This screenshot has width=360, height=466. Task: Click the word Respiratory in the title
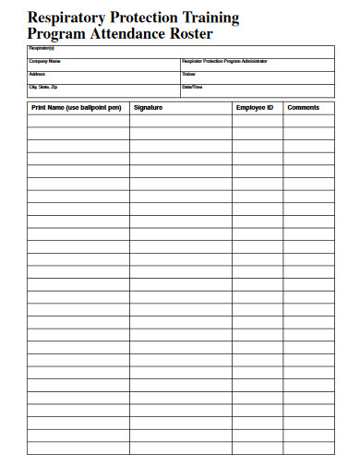[x=65, y=18]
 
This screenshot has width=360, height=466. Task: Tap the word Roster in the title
[x=190, y=33]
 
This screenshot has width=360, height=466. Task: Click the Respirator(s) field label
[x=42, y=47]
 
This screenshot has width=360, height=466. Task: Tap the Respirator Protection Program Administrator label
[x=224, y=61]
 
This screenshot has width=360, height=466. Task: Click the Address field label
[x=37, y=74]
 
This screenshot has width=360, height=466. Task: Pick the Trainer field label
[x=189, y=74]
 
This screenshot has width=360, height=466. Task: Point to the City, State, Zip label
[x=43, y=87]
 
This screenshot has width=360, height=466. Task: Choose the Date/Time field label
[x=192, y=87]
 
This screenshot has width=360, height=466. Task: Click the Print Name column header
[x=76, y=108]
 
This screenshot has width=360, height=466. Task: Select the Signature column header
[x=148, y=108]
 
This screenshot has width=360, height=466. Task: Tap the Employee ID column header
[x=255, y=108]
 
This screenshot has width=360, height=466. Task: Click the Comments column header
[x=304, y=108]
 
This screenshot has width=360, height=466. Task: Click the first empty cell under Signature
[x=180, y=120]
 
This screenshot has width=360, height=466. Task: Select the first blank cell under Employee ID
[x=257, y=120]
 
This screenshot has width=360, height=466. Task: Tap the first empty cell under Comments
[x=307, y=120]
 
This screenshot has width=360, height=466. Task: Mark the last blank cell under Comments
[x=307, y=448]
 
